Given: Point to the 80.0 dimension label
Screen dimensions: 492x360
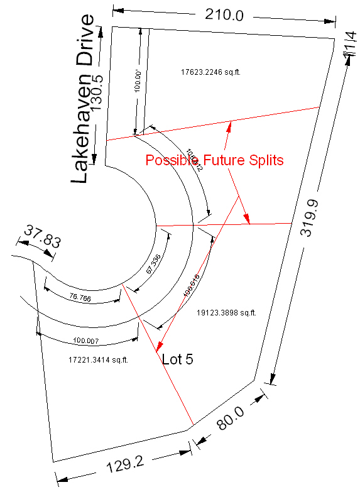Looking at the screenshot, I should [231, 416].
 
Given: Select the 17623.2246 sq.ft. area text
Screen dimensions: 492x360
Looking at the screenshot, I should [210, 72].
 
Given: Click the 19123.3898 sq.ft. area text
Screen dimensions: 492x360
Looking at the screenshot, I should [226, 312].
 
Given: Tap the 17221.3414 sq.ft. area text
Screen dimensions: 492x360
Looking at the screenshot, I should [98, 360].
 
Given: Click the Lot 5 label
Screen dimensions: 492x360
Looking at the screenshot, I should [178, 359].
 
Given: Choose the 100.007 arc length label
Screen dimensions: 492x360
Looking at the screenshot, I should [87, 340].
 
